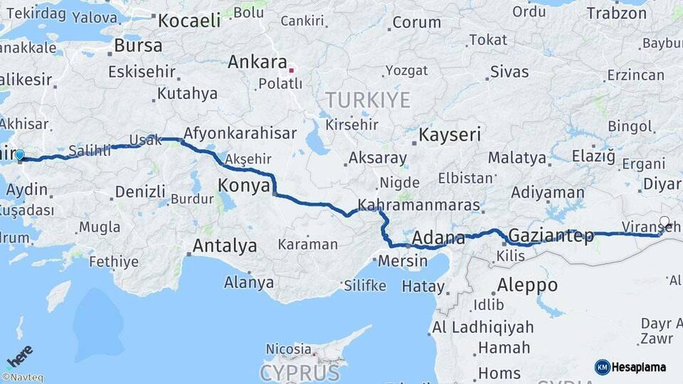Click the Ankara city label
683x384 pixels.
pos(257,62)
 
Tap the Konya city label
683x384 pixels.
pos(244,186)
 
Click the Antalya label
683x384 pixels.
pos(225,246)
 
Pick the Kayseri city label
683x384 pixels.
pos(450,134)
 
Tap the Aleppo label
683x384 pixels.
pos(527,285)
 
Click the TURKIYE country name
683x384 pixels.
pos(368,100)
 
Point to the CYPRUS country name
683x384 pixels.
pos(300,373)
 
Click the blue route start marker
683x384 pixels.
pos(19,155)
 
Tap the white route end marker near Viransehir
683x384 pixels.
pos(665,221)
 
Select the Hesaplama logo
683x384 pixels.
pos(630,367)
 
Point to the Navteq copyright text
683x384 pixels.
pos(22,378)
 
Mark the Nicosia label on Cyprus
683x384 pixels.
pos(288,348)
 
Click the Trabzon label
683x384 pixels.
pos(617,13)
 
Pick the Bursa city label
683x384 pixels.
pos(138,46)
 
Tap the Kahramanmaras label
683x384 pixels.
pos(419,205)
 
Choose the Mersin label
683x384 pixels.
pos(403,260)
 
